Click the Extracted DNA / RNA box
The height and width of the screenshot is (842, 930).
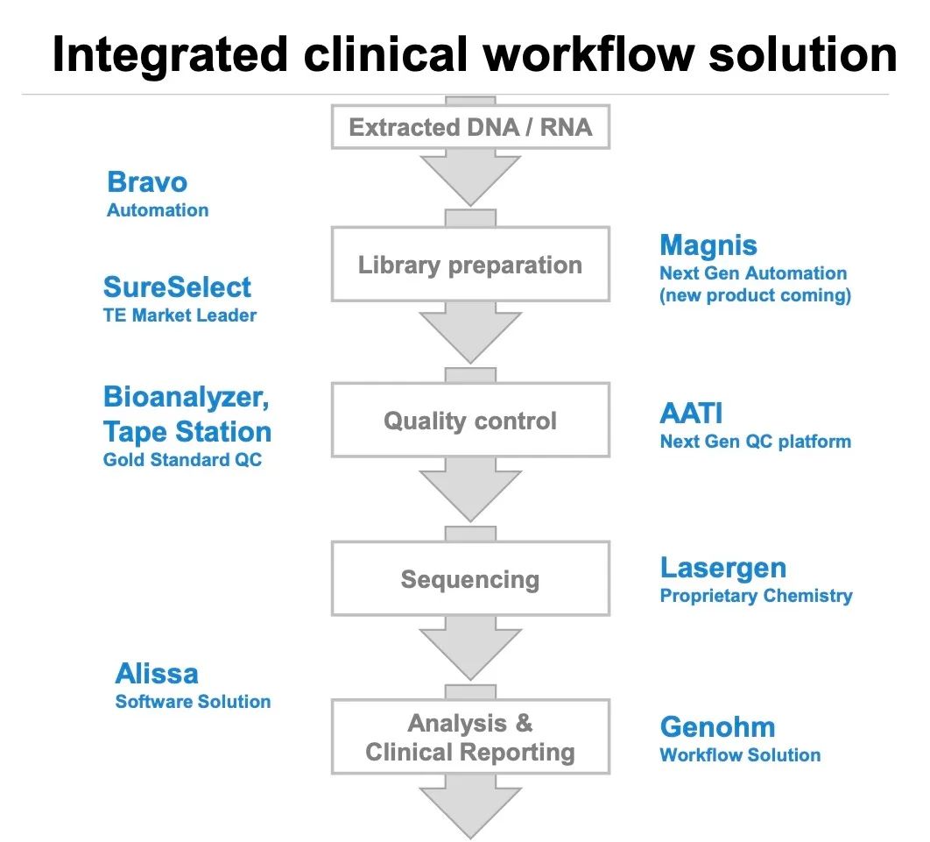pos(470,128)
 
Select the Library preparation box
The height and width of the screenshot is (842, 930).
pos(470,265)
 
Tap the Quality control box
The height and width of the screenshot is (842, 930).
pos(470,421)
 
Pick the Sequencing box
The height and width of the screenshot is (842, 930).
pos(470,578)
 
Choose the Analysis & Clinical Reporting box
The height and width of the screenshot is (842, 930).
pos(470,737)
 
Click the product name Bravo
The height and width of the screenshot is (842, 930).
pos(147,182)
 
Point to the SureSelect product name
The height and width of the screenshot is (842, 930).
pos(177,287)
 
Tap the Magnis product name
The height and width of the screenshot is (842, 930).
pos(708,245)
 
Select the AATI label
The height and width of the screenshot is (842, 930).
pos(692,414)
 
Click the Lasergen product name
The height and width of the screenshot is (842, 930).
pos(723,568)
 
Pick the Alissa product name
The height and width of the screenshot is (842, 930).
pos(157,674)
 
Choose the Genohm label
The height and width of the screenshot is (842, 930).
pos(717,727)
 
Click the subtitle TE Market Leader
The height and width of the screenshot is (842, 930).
pos(180,316)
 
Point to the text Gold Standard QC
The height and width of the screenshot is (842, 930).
pos(182,460)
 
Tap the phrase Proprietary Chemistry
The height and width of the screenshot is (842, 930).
pos(756,596)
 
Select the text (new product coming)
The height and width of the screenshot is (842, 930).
pos(755,295)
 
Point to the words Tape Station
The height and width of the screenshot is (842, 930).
pos(187,431)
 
